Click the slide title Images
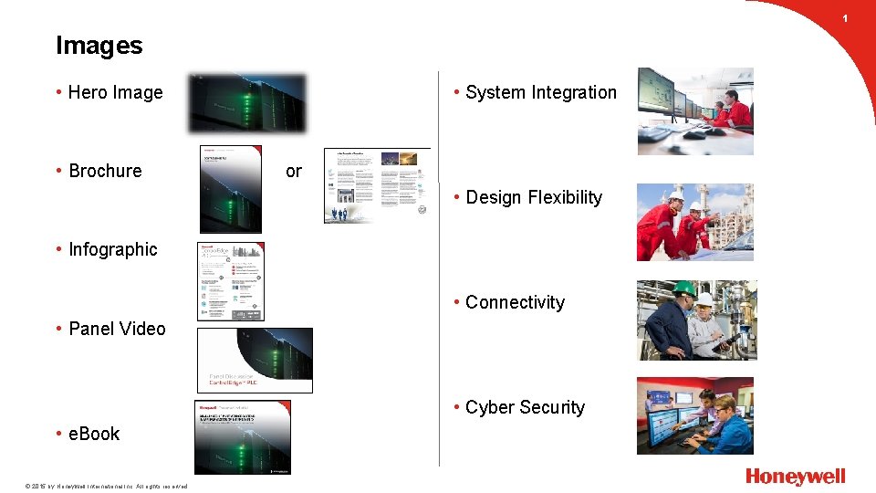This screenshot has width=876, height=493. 99,46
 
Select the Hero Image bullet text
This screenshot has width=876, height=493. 115,92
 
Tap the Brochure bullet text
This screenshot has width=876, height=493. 105,171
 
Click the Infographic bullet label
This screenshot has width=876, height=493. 112,249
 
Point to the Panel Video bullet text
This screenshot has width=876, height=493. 117,329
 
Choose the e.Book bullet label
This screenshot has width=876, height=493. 94,434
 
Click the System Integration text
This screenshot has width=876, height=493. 540,92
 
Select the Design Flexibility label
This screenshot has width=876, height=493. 534,197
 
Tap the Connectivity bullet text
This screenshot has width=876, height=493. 515,302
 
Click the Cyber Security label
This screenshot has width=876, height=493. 525,407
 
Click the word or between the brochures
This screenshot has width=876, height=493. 293,171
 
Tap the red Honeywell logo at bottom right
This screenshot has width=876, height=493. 795,477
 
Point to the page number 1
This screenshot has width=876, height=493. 845,18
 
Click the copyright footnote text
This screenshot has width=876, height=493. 94,486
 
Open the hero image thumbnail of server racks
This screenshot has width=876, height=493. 247,103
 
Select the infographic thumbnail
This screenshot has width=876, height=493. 232,281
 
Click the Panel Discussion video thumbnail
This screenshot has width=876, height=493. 255,361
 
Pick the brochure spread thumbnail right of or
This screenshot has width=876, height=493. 377,185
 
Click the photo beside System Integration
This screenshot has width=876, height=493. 695,110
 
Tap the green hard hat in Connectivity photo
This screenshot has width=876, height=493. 683,288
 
